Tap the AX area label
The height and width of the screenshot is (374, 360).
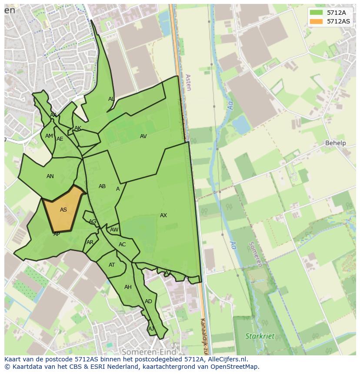coord(163,215)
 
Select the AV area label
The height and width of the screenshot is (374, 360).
coord(143,136)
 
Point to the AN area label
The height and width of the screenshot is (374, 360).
coord(50,176)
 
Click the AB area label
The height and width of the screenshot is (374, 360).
coord(102,186)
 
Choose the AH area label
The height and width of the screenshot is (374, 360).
coord(128,287)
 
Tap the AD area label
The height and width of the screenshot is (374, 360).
coord(149,301)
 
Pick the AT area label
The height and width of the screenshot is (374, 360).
coord(112,265)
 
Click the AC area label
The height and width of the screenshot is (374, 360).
coord(122,245)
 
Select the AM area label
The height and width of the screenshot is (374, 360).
coord(49,136)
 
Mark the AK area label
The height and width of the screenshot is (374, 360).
coord(78,128)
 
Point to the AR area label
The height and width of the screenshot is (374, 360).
coord(90,242)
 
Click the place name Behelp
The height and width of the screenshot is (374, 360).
coord(336,143)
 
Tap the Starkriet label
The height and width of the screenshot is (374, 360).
coord(260,336)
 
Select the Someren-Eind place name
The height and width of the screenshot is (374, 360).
coord(149,352)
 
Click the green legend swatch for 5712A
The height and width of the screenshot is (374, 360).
coord(316,12)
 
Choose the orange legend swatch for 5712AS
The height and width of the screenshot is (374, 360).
coord(316,21)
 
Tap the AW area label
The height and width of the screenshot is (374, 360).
coord(114,230)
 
